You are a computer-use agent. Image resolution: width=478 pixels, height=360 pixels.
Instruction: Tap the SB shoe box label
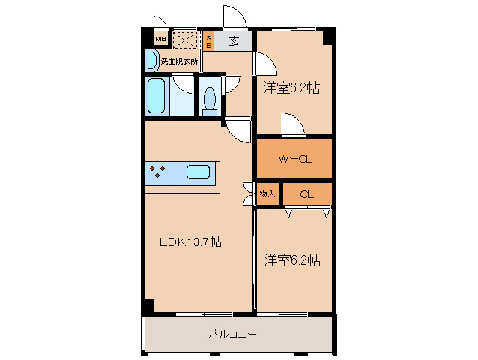[209, 40]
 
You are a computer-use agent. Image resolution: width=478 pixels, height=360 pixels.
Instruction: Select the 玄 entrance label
[235, 41]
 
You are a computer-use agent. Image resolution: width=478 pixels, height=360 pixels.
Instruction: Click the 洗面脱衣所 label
[179, 61]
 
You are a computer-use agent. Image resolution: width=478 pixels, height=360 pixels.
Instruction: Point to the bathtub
[156, 96]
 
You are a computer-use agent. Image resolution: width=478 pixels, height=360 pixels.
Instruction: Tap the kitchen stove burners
[157, 172]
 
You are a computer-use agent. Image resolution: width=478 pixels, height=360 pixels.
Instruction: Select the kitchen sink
[198, 172]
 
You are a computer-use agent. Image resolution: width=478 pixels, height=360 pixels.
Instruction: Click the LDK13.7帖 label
[190, 241]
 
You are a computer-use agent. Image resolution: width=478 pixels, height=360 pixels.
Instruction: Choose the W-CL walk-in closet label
[294, 159]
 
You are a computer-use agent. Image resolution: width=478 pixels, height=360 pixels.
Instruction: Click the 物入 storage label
[267, 194]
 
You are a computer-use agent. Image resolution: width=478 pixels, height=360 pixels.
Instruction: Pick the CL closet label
[306, 194]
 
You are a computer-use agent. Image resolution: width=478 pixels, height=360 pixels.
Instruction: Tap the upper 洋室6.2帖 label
[291, 88]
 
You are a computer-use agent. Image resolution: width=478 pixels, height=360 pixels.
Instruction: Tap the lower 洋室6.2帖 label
[292, 260]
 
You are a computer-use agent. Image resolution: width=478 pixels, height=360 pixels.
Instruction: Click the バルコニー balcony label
[232, 334]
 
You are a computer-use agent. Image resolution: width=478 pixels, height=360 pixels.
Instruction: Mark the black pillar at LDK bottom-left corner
[149, 305]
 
